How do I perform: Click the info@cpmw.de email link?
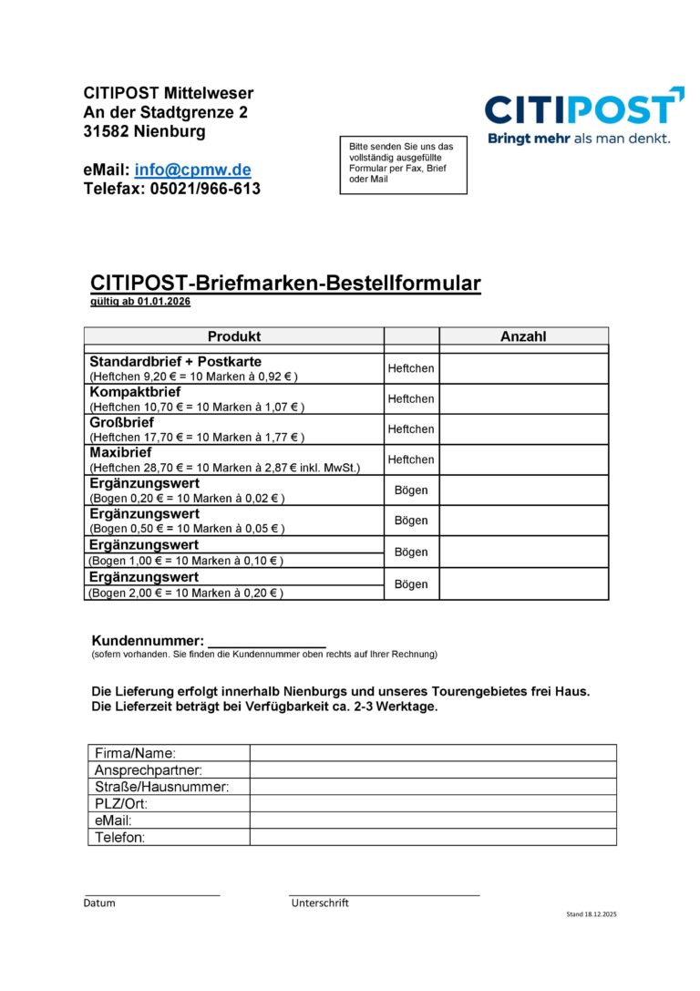coord(192,170)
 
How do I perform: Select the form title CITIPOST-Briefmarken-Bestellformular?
coord(285,283)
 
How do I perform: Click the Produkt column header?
coord(233,336)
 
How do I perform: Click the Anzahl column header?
coord(523,336)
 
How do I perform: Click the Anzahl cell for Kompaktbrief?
coord(523,398)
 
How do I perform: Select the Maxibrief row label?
coord(120,452)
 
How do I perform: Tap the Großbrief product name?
coord(121,422)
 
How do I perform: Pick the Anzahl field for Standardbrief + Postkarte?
coord(523,368)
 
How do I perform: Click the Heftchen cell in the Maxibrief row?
coord(411,459)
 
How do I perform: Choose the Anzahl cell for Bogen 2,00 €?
coord(523,584)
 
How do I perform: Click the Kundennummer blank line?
coord(266,641)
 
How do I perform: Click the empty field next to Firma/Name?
coord(433,753)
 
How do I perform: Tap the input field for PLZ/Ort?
coord(433,803)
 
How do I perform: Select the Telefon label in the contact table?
coord(120,837)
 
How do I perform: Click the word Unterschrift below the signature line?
coord(320,903)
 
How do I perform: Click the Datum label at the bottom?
coord(99,903)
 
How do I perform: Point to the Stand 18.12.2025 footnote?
coord(591,914)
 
